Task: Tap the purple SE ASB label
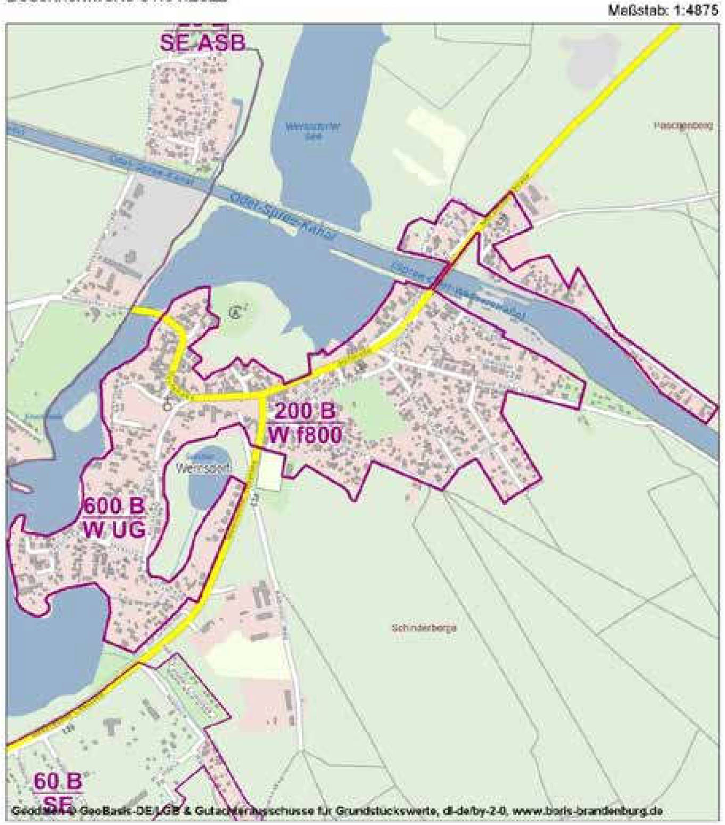point(202,43)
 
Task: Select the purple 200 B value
point(305,412)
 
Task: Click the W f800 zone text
point(304,435)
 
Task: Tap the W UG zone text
point(113,529)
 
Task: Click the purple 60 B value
point(58,782)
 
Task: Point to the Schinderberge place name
point(424,628)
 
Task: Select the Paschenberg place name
point(683,126)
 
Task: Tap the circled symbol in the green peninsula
point(234,312)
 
